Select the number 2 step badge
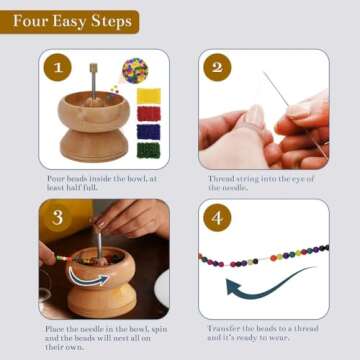[x=217, y=69]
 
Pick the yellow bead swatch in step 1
[x=148, y=95]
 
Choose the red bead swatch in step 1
[x=148, y=113]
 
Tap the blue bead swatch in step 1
[x=148, y=130]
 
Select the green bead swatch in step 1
[x=148, y=148]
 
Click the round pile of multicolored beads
[x=135, y=69]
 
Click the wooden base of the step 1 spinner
[x=93, y=146]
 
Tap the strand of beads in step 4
[x=264, y=256]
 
